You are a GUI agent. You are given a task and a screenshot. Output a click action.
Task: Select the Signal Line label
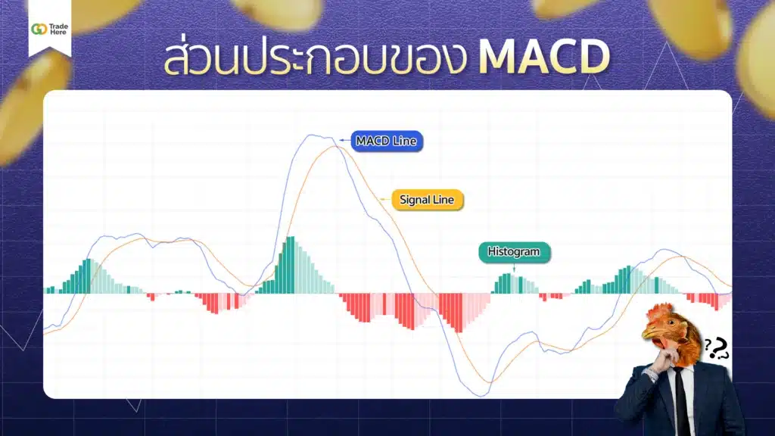point(427,200)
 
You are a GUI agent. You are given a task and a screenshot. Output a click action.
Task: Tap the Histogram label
point(514,252)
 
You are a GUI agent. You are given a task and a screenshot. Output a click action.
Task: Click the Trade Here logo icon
point(39,29)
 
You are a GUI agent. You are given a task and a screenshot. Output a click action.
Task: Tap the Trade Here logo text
point(59,29)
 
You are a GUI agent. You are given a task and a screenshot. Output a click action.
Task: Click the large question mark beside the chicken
point(717,348)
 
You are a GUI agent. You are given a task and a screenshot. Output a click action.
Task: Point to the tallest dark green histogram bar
point(290,265)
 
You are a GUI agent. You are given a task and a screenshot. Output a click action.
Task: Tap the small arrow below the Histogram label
point(514,267)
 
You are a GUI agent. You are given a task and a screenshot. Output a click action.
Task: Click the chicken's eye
point(667,325)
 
